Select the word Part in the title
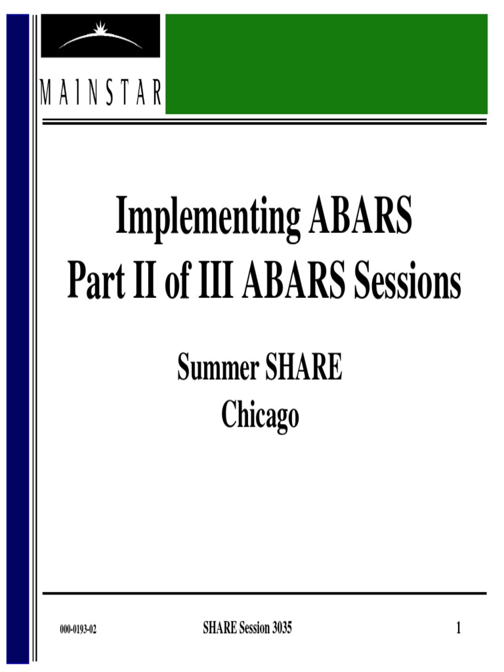click(93, 283)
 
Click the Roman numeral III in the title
click(213, 283)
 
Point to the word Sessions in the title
click(408, 283)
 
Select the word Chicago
click(260, 415)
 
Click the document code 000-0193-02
click(78, 629)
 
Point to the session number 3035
click(280, 629)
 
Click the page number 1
click(459, 629)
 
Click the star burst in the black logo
click(101, 30)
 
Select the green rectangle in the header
click(326, 64)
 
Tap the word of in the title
click(175, 283)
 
